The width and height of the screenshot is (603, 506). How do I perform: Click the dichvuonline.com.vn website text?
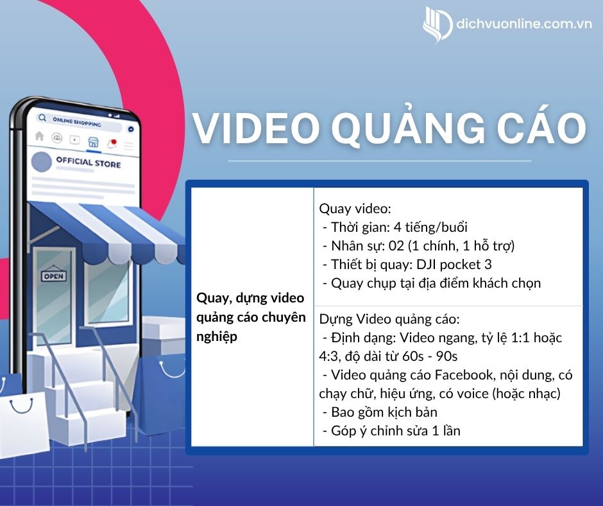[x=524, y=24]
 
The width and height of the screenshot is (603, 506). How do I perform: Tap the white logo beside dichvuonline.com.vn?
[x=437, y=24]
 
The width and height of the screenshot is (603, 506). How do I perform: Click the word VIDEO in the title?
[x=256, y=127]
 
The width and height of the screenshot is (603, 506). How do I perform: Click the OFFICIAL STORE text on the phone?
[x=89, y=162]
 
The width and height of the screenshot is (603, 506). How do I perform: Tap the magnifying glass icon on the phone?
[x=42, y=118]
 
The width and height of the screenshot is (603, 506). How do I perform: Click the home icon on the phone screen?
[x=39, y=136]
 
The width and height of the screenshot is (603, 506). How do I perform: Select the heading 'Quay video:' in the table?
[x=355, y=209]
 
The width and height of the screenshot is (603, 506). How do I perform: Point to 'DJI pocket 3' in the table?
[x=454, y=265]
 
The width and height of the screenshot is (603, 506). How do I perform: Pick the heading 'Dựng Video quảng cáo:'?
[x=389, y=319]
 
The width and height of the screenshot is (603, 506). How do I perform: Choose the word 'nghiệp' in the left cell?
[x=217, y=337]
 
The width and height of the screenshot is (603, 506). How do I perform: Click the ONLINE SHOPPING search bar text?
[x=77, y=122]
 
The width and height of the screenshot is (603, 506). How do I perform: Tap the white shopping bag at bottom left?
[x=23, y=424]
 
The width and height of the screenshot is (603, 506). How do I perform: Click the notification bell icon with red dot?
[x=112, y=144]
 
